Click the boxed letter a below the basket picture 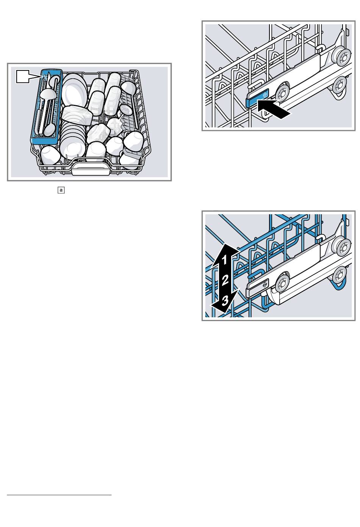[61, 190]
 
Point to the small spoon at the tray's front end [49, 129]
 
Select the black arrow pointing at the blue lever [274, 109]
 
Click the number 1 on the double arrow [224, 260]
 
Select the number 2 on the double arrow [225, 281]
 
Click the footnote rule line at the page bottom [59, 494]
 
